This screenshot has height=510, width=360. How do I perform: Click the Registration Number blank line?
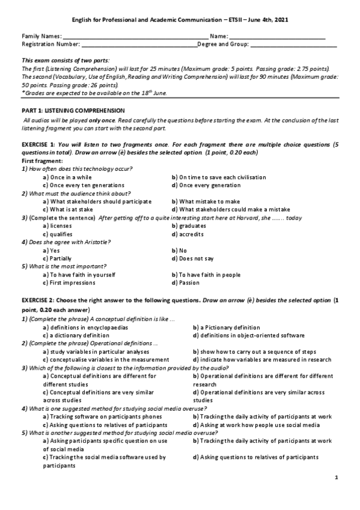(x=138, y=45)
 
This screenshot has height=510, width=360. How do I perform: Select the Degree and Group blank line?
(x=293, y=45)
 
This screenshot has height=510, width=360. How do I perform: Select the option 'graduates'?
(x=194, y=226)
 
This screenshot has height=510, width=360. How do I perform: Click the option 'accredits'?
(x=192, y=234)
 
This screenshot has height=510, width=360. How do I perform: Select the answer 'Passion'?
(x=189, y=283)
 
